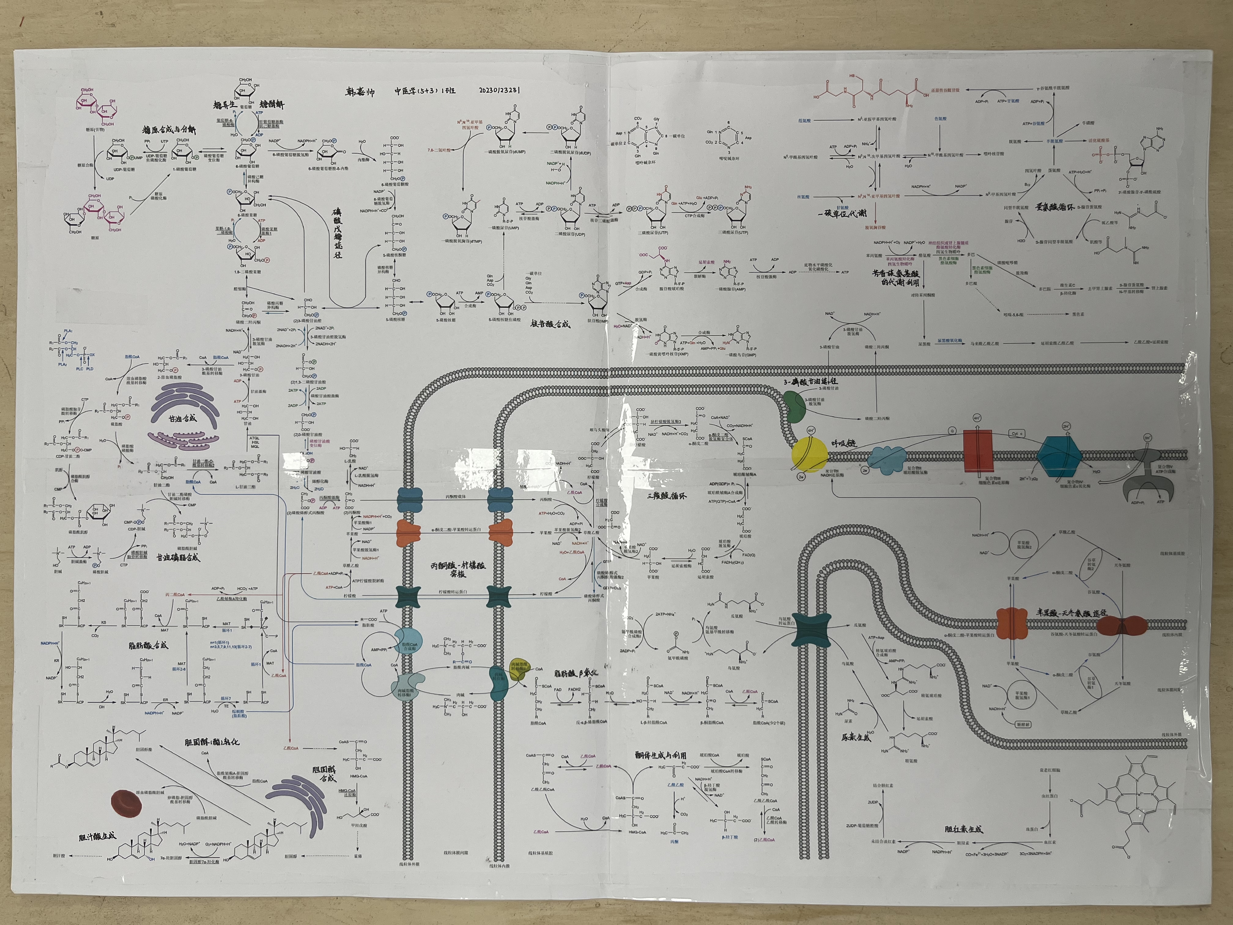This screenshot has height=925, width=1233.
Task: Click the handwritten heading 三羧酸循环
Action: coord(667,495)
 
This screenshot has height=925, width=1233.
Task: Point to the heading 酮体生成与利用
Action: coord(661,755)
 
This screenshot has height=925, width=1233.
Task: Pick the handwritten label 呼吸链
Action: coord(844,443)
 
